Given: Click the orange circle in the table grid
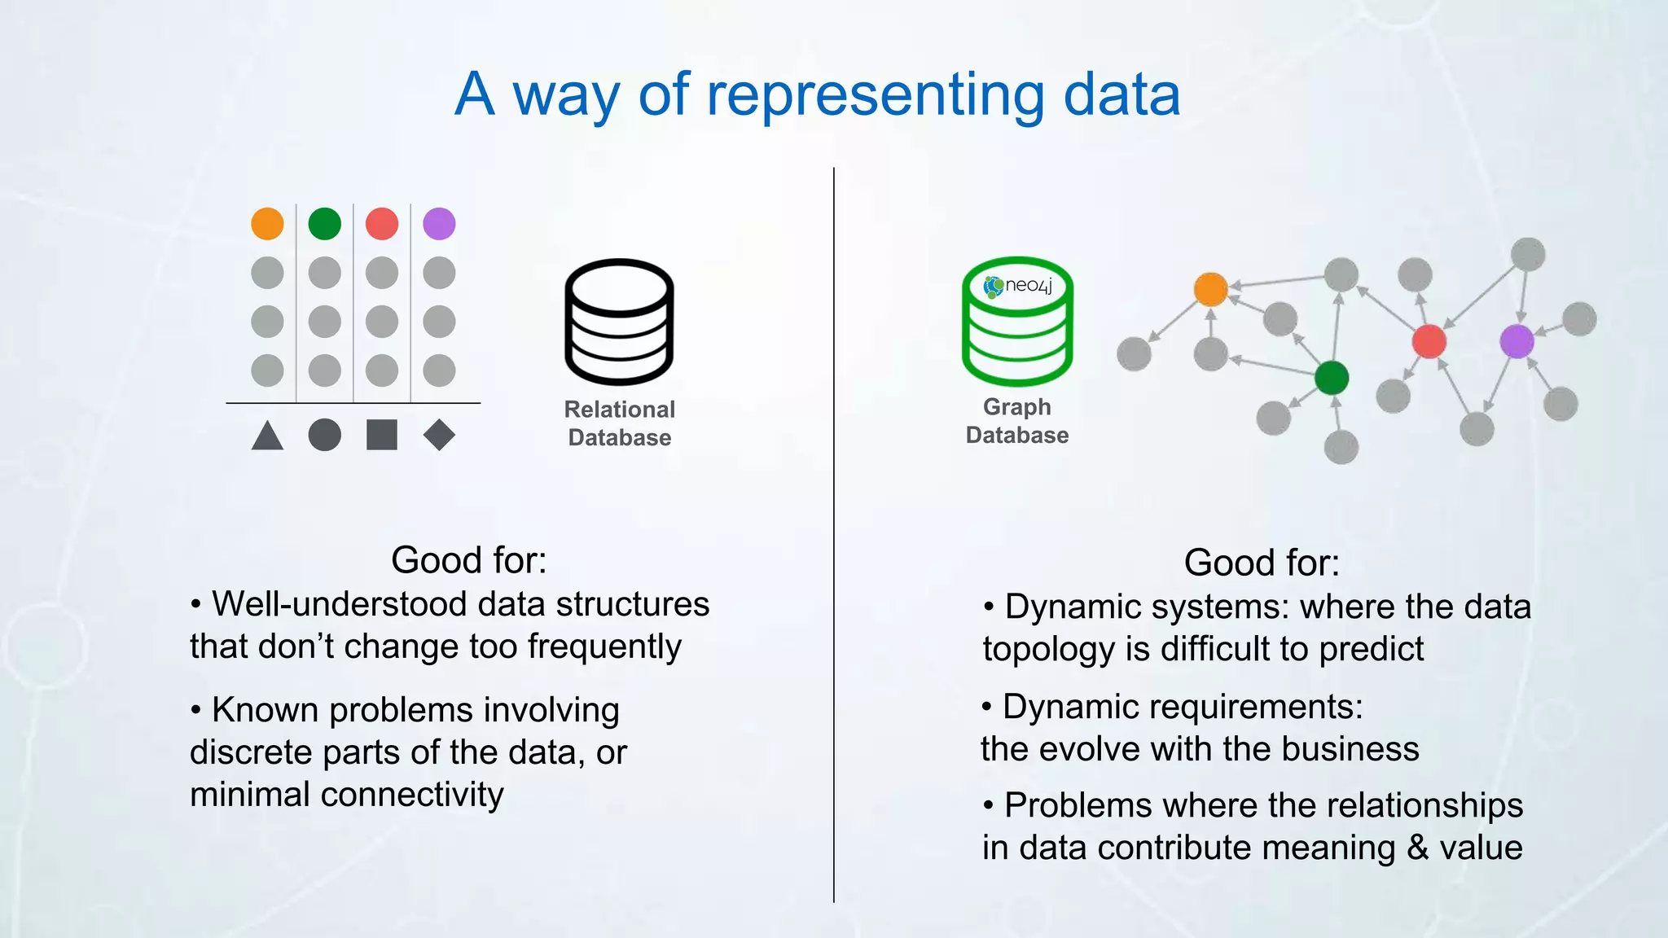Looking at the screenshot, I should [267, 223].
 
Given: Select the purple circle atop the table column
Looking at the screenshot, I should [439, 223].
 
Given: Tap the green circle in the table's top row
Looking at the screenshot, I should [324, 223].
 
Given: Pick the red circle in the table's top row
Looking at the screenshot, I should [382, 223].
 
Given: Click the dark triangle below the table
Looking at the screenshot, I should [267, 436].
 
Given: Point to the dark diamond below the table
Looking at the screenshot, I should [439, 435].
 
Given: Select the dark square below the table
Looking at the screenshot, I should [382, 435].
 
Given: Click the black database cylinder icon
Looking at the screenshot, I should [619, 322].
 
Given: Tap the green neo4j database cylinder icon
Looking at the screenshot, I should [1017, 322].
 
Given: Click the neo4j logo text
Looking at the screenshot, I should [1028, 285].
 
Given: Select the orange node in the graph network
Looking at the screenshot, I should [1210, 289].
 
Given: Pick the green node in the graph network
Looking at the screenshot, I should [1332, 377].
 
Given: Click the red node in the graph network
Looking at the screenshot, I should [1429, 341].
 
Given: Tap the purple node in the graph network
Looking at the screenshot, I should [1517, 340].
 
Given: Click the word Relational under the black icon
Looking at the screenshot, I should [619, 409].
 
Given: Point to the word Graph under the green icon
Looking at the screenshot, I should [1016, 406].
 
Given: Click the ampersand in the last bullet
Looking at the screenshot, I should [1417, 848].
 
